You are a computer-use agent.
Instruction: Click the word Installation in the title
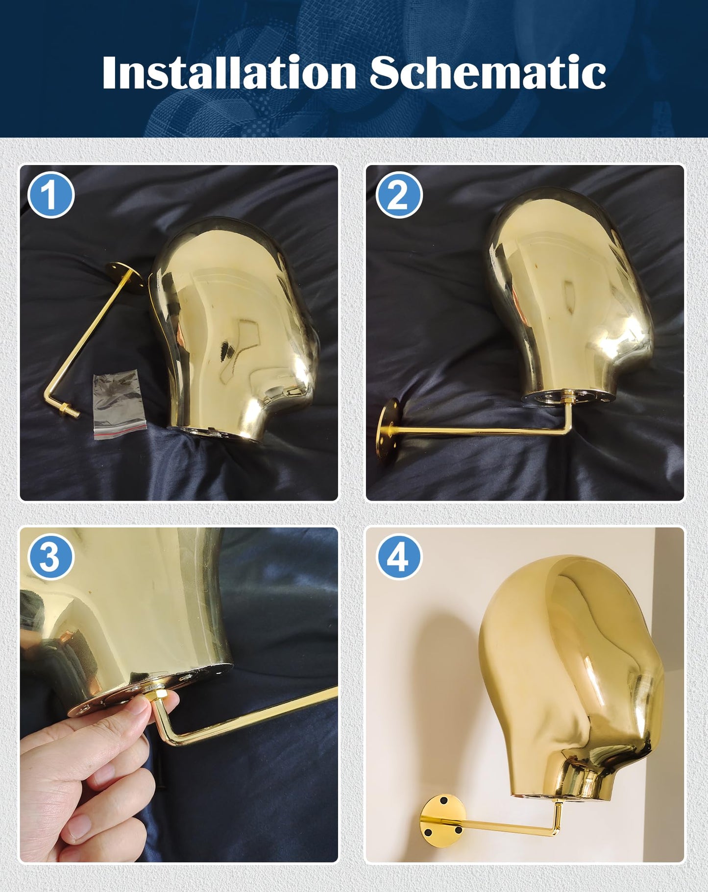click(x=228, y=72)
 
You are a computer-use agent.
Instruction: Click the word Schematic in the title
click(x=488, y=72)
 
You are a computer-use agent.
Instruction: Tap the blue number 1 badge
click(x=51, y=194)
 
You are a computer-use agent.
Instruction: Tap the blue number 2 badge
click(x=399, y=194)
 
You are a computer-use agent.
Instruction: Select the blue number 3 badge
click(x=51, y=557)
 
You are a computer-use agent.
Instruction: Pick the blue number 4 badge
click(x=399, y=557)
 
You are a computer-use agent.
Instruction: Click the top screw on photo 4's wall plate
click(x=443, y=802)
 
